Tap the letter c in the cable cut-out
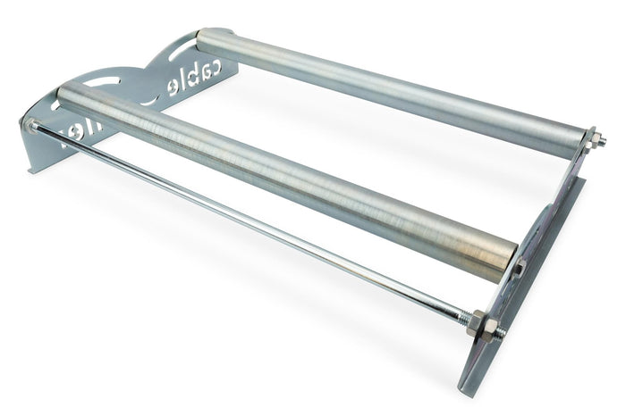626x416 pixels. pos(230,65)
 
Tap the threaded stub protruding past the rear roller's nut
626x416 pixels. pos(601,140)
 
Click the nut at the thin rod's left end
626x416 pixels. pos(32,126)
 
